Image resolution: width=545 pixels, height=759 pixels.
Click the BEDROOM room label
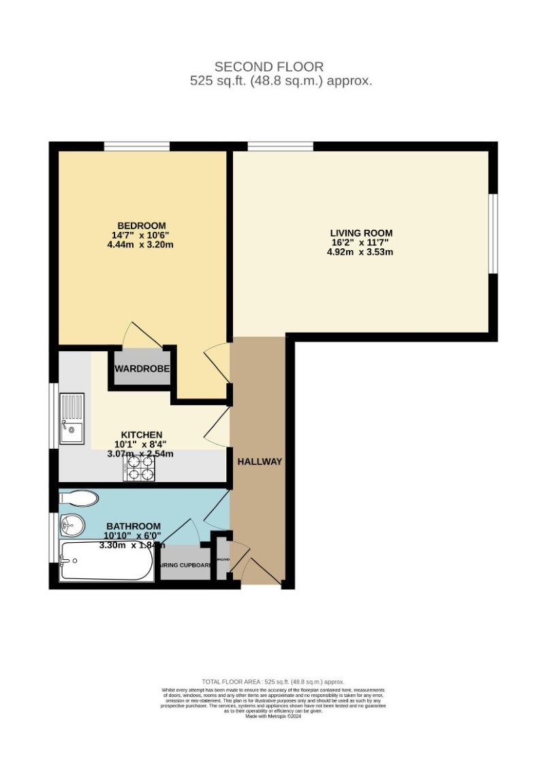pos(142,226)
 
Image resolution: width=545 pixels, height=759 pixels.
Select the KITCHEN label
pos(142,434)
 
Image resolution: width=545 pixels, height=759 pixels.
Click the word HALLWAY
pos(260,462)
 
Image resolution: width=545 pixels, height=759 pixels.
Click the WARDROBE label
pos(142,369)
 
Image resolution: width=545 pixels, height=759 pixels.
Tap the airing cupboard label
pos(185,565)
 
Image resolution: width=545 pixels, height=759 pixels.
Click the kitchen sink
pos(72,417)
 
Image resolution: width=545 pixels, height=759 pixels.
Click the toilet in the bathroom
pos(79,498)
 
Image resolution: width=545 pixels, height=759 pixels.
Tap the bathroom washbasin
pos(72,524)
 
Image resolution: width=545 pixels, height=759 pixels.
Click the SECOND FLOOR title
pos(269,67)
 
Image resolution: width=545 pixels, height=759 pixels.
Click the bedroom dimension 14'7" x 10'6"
pos(142,235)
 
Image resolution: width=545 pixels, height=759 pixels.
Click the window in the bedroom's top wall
pos(136,146)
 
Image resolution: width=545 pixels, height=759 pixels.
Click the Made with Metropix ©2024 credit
pos(272,715)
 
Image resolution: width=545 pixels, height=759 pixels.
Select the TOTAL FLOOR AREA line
pos(272,682)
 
